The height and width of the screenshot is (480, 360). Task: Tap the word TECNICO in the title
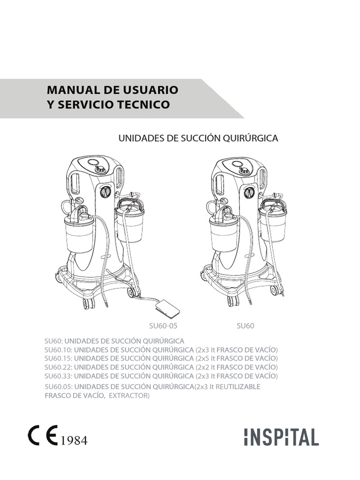(x=145, y=105)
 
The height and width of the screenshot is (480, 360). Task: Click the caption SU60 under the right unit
(x=246, y=326)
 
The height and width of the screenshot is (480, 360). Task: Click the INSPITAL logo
(x=281, y=437)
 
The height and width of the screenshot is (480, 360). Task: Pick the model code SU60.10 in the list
(x=58, y=350)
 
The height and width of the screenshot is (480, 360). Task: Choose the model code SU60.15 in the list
(x=58, y=359)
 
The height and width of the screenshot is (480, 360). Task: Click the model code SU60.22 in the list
(x=58, y=367)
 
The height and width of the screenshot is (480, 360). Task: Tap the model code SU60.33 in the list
(x=58, y=376)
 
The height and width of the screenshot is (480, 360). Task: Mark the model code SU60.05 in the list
(x=58, y=387)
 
